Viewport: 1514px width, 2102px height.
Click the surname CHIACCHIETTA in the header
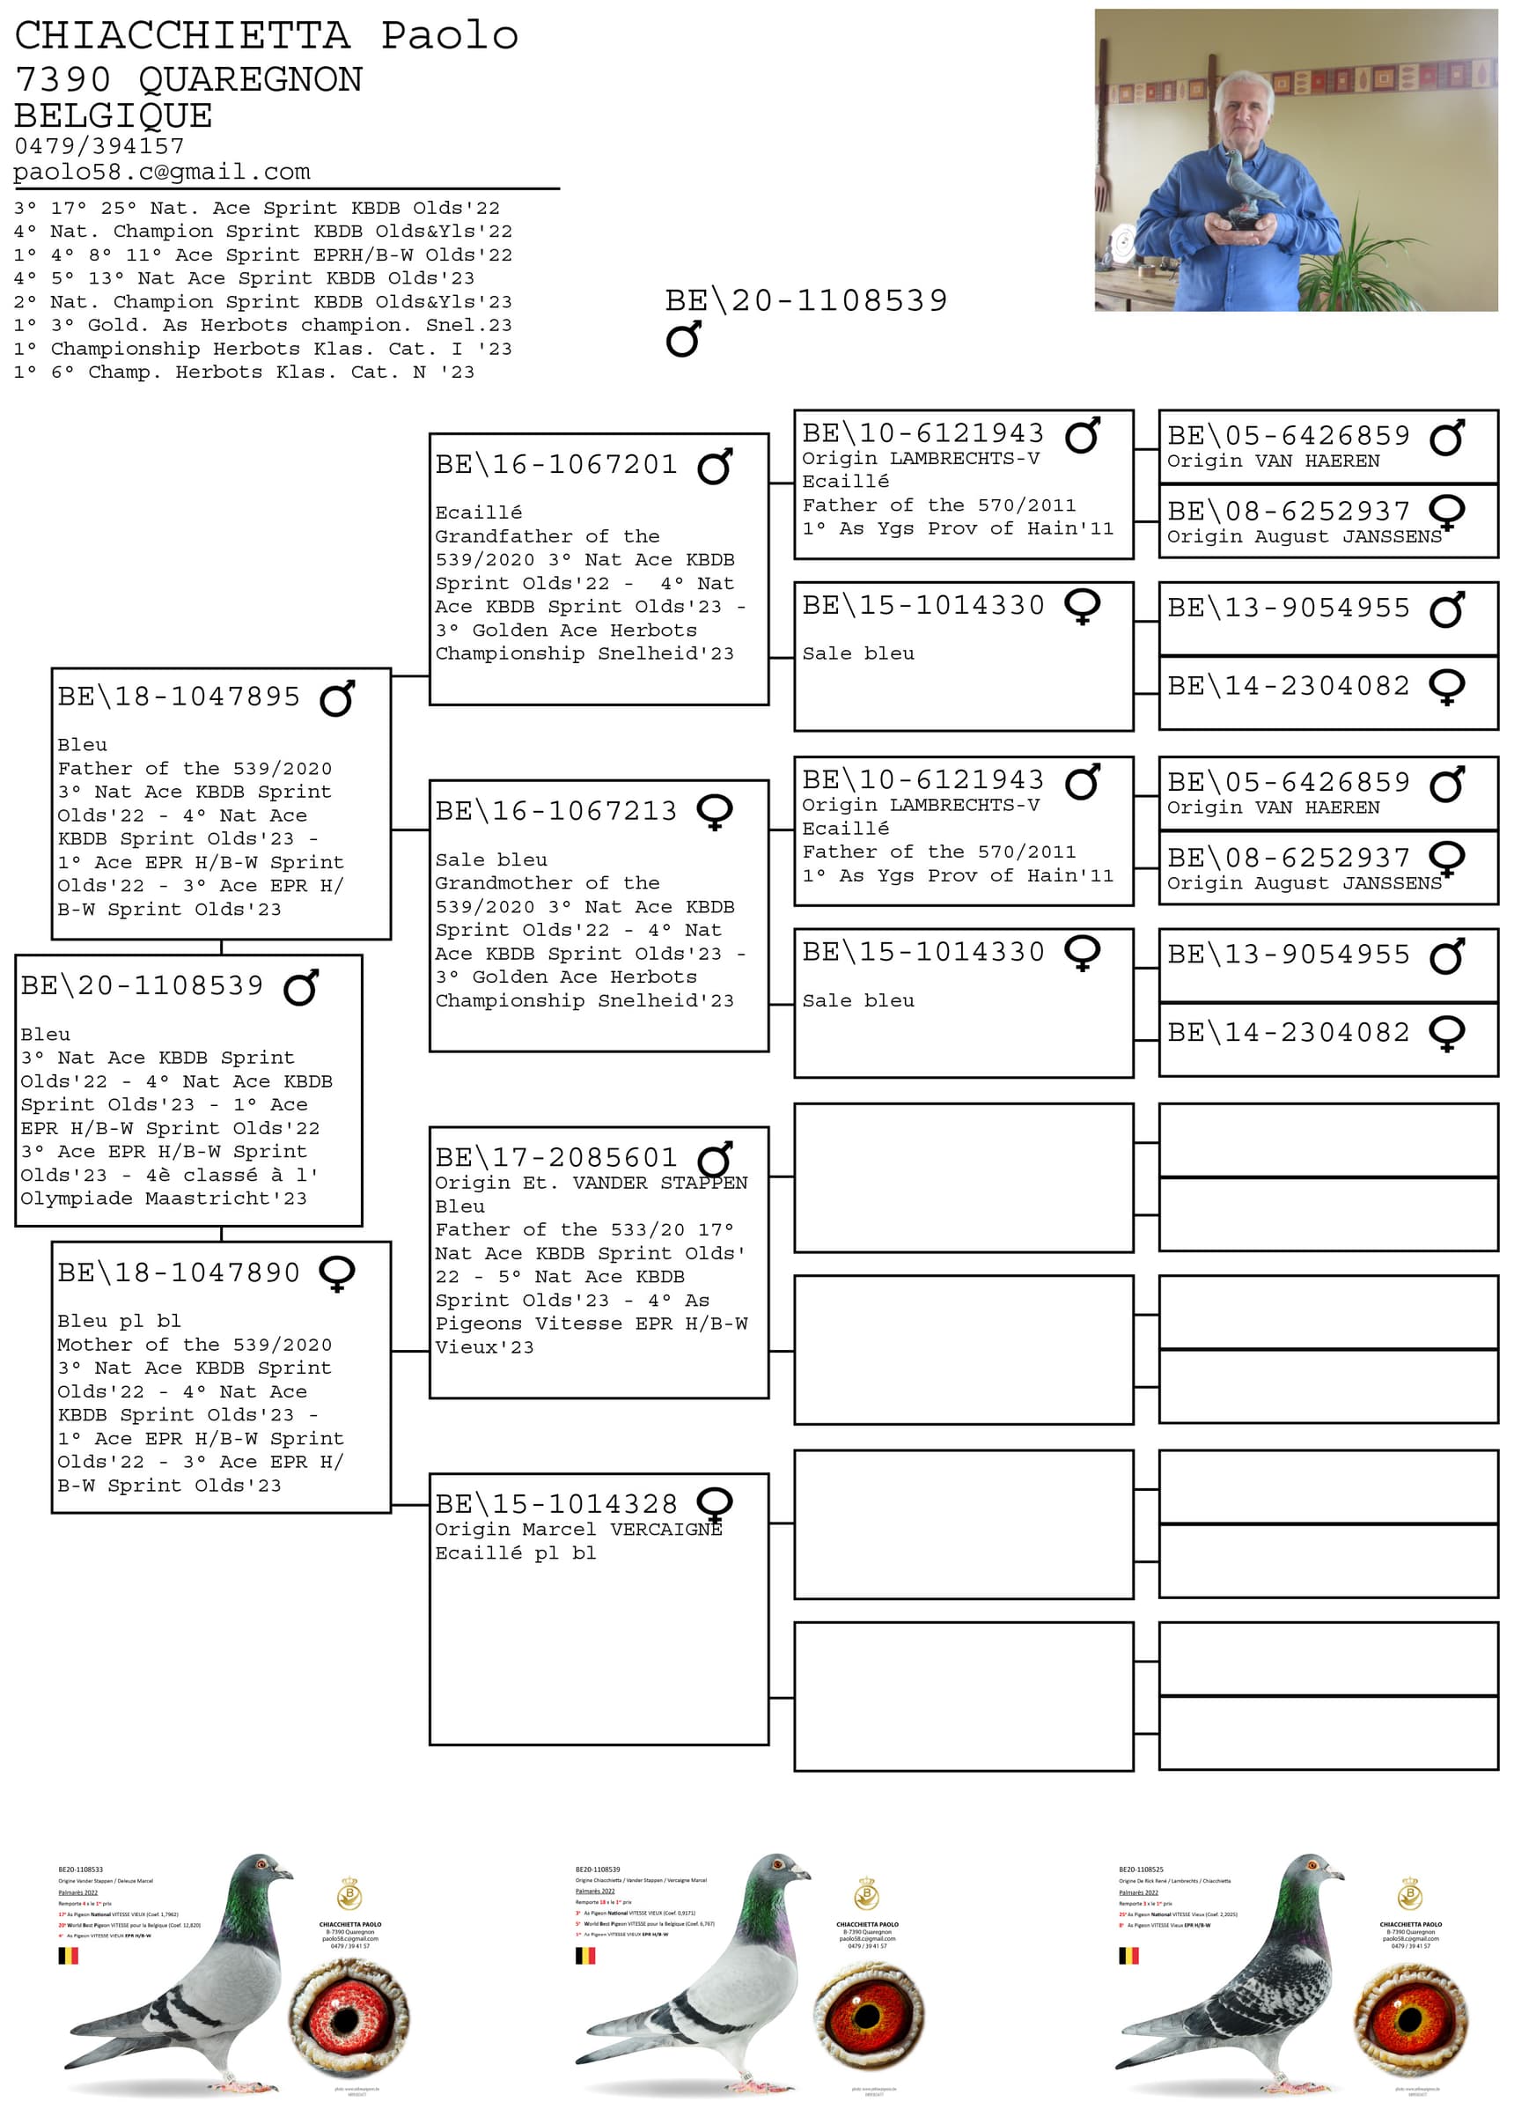click(x=182, y=36)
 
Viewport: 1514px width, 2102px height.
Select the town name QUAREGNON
click(x=250, y=80)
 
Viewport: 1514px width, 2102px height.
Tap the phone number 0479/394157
click(x=99, y=145)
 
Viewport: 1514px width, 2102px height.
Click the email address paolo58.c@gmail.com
click(x=161, y=172)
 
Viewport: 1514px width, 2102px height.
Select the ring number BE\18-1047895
click(x=179, y=696)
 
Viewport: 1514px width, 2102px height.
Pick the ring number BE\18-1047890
click(x=179, y=1272)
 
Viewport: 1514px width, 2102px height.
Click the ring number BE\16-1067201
click(x=556, y=464)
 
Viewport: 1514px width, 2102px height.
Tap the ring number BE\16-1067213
click(x=556, y=811)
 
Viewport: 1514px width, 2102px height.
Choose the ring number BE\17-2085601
click(x=556, y=1158)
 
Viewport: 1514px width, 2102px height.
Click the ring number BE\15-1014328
click(x=556, y=1503)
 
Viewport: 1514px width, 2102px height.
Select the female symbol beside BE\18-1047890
click(x=337, y=1273)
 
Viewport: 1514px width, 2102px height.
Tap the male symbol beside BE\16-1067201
click(x=716, y=465)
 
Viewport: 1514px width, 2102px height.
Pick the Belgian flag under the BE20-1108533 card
click(x=69, y=1956)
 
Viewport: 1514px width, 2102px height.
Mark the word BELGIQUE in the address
click(x=113, y=116)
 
